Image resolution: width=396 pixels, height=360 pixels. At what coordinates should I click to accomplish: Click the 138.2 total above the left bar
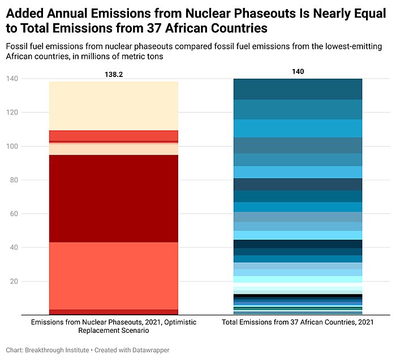[x=114, y=74]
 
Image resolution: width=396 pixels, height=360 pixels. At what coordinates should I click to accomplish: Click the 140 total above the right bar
[x=298, y=71]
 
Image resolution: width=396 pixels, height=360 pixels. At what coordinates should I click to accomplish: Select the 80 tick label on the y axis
[x=12, y=180]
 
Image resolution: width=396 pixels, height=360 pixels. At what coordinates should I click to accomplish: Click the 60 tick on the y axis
[x=12, y=214]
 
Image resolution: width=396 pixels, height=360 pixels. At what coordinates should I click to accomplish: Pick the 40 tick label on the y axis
[x=12, y=247]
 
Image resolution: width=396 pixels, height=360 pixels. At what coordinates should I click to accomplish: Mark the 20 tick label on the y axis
[x=12, y=281]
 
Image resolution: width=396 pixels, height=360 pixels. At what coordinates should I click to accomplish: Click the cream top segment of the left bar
[x=114, y=106]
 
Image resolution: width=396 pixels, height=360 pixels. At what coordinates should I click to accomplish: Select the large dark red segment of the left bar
[x=114, y=198]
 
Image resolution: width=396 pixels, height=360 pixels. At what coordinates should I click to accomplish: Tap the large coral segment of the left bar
[x=114, y=276]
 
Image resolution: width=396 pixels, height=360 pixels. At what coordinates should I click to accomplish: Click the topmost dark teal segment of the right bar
[x=298, y=89]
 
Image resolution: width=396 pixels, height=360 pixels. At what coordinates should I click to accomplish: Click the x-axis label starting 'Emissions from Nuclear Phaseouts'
[x=114, y=326]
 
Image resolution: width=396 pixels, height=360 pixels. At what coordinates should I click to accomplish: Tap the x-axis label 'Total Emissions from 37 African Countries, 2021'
[x=298, y=322]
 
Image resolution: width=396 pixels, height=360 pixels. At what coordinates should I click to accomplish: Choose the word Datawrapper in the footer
[x=149, y=350]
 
